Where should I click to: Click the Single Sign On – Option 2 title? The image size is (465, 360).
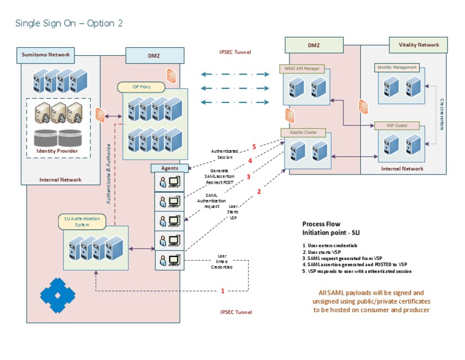click(68, 23)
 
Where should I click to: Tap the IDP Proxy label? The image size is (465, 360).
click(133, 87)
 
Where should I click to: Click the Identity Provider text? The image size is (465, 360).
click(58, 150)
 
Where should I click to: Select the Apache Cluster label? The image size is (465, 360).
click(303, 132)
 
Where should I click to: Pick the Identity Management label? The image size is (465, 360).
click(397, 67)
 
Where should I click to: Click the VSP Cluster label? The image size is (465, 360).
click(397, 125)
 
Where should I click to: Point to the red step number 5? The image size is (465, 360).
click(254, 147)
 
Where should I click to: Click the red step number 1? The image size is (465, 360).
click(222, 291)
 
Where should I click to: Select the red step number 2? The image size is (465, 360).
click(259, 192)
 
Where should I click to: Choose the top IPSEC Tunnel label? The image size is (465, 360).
click(235, 52)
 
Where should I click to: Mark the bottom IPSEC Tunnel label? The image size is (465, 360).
click(236, 312)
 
